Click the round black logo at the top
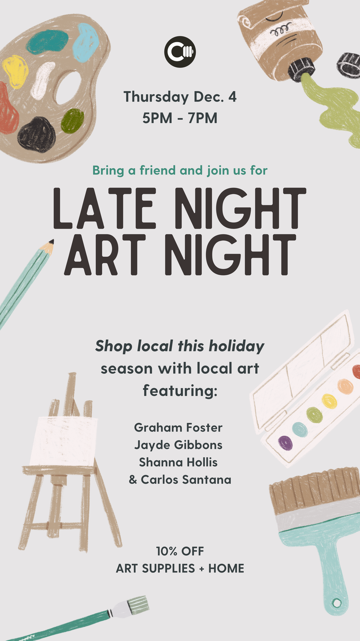click(x=180, y=52)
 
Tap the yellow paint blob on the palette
click(x=15, y=72)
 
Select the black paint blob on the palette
click(x=37, y=134)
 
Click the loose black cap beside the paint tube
click(x=349, y=65)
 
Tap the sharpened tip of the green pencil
click(x=51, y=242)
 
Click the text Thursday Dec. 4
click(x=180, y=97)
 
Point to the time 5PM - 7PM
click(x=180, y=118)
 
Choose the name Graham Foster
click(x=178, y=428)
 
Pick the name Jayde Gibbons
click(x=178, y=445)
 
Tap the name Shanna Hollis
click(x=178, y=462)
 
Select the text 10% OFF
click(x=180, y=551)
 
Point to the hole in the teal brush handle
click(x=337, y=602)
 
